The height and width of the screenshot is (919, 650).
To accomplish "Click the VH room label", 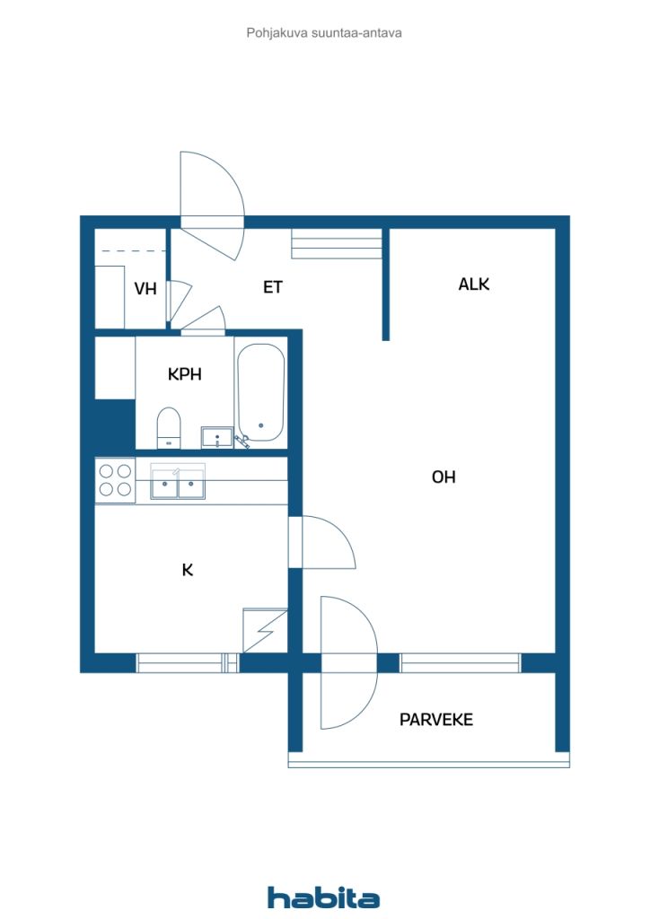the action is (x=145, y=288).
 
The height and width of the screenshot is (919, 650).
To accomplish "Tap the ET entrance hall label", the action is (x=273, y=287).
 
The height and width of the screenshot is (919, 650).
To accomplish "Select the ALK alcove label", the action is (x=473, y=284).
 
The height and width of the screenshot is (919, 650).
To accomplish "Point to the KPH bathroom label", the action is (x=185, y=374).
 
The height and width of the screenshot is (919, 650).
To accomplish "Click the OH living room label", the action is (x=444, y=477).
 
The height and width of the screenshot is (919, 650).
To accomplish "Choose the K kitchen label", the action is (x=188, y=570).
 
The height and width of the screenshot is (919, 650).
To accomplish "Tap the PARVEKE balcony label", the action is (x=436, y=720).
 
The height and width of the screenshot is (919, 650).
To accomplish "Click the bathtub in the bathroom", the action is (x=261, y=393).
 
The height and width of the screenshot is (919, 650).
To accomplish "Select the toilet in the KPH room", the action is (x=169, y=428).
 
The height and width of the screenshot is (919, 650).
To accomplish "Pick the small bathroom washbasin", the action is (x=217, y=438).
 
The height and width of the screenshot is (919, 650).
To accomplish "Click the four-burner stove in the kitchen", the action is (x=115, y=480).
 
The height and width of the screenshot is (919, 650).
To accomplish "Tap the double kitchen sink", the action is (x=178, y=482).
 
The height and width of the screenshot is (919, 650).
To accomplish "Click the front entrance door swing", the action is (x=212, y=206).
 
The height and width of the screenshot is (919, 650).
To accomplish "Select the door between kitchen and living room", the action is (x=321, y=542).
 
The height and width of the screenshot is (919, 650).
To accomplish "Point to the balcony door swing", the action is (x=349, y=663).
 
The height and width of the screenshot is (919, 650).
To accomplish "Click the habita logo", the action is (x=323, y=897).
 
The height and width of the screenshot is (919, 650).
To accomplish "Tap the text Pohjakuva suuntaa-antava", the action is (x=324, y=33).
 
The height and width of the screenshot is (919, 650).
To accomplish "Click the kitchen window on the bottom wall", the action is (x=188, y=663).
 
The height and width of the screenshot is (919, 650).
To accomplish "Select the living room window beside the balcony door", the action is (x=460, y=663).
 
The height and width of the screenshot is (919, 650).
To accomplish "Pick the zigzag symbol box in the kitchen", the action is (x=265, y=631).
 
